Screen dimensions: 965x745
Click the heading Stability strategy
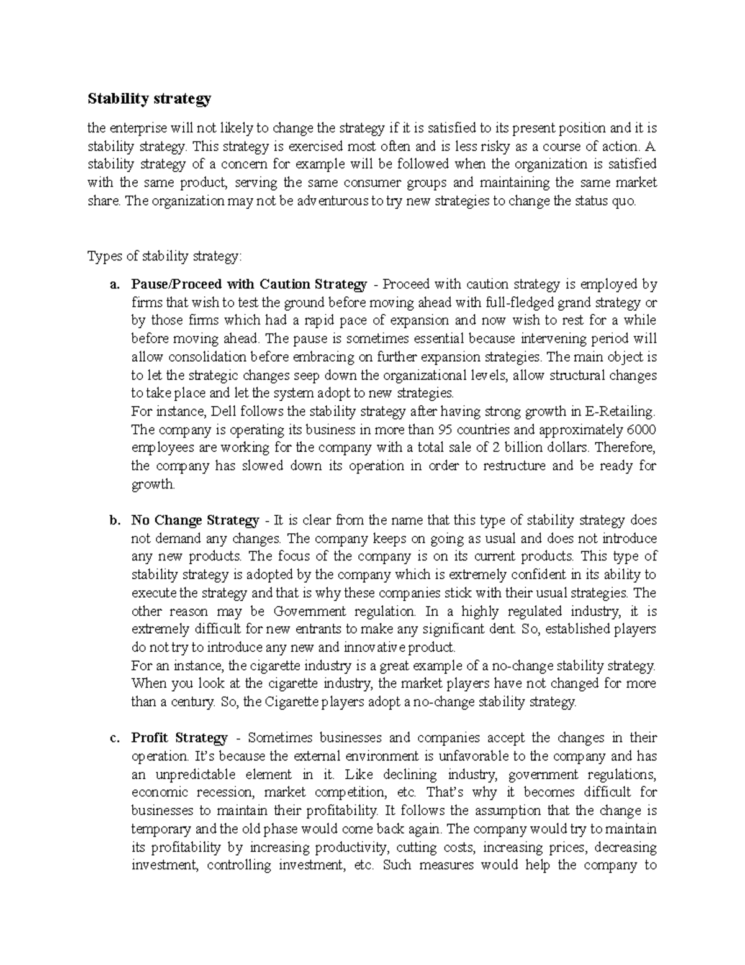[x=149, y=98]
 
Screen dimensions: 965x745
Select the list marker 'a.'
[x=114, y=285]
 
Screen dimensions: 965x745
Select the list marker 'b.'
[x=114, y=520]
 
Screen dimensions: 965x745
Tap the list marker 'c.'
[x=114, y=738]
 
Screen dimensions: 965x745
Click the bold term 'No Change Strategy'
[x=195, y=520]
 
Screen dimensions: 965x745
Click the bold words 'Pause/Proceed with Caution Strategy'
[x=249, y=285]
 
